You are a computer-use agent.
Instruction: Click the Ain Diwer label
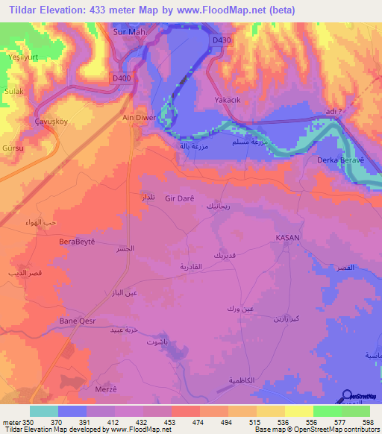[x=138, y=118]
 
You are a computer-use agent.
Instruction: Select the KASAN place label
[x=287, y=236]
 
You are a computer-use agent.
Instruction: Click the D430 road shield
[x=220, y=39]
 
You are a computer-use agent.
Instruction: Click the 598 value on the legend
[x=367, y=421]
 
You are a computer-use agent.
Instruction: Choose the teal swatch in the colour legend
[x=43, y=411]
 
